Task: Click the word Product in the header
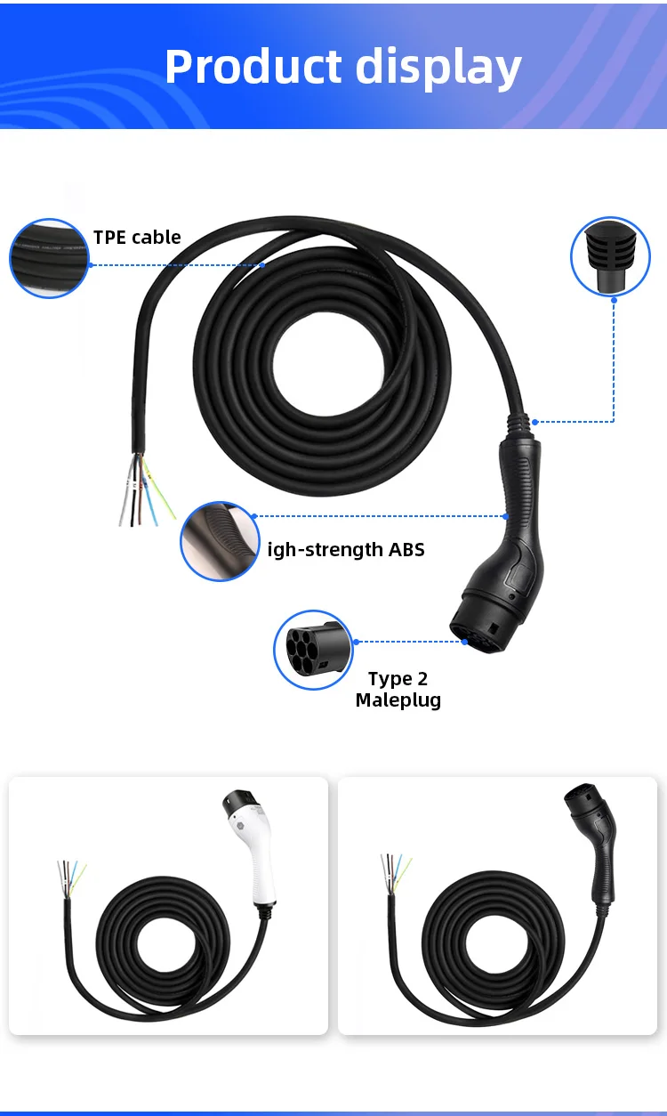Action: (253, 68)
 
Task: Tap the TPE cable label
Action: (137, 237)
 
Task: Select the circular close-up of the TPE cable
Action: (50, 258)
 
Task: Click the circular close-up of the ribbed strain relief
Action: (610, 256)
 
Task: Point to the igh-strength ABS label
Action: (346, 550)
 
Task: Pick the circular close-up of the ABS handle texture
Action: (220, 541)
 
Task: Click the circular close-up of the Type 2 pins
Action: (313, 650)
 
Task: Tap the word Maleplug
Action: (398, 700)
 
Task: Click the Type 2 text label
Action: (398, 679)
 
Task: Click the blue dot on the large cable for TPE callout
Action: (263, 264)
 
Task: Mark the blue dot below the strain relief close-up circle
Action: (614, 300)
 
